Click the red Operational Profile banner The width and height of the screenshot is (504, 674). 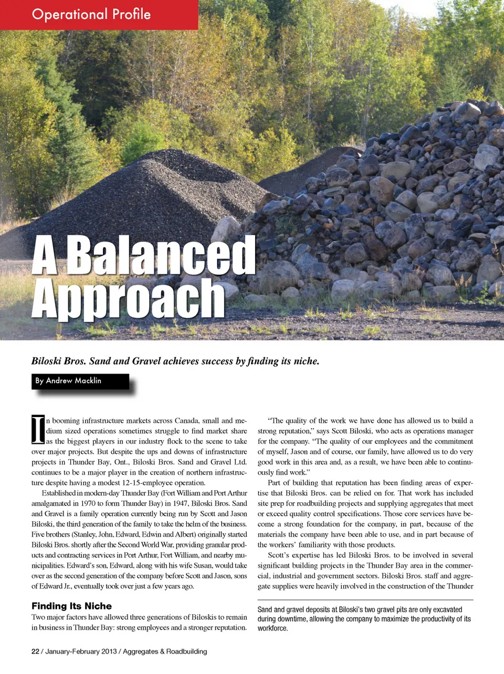click(99, 14)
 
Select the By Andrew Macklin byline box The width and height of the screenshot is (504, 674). click(80, 381)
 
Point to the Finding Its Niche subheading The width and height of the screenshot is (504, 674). click(71, 606)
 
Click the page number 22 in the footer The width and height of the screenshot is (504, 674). click(35, 651)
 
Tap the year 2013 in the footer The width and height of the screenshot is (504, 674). click(109, 651)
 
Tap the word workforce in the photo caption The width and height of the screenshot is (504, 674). click(272, 628)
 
